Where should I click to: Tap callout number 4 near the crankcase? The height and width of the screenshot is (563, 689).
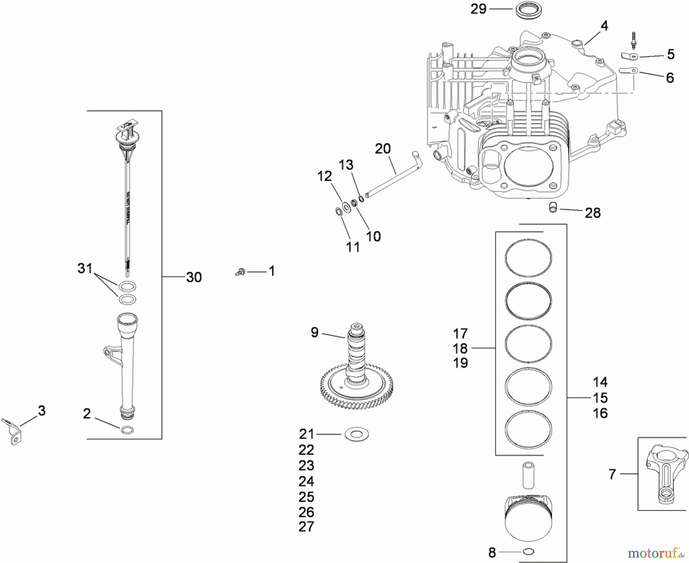[604, 26]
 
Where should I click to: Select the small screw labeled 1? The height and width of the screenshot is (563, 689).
[240, 272]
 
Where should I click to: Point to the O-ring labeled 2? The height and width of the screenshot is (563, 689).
[127, 430]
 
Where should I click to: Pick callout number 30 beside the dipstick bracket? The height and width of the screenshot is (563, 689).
[194, 277]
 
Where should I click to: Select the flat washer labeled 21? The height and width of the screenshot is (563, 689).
[356, 434]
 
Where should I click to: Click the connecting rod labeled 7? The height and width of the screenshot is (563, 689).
[664, 475]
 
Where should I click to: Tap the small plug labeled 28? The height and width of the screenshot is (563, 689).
[552, 207]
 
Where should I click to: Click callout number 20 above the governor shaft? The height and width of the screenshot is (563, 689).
[382, 149]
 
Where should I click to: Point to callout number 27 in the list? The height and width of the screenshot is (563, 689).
[306, 527]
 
